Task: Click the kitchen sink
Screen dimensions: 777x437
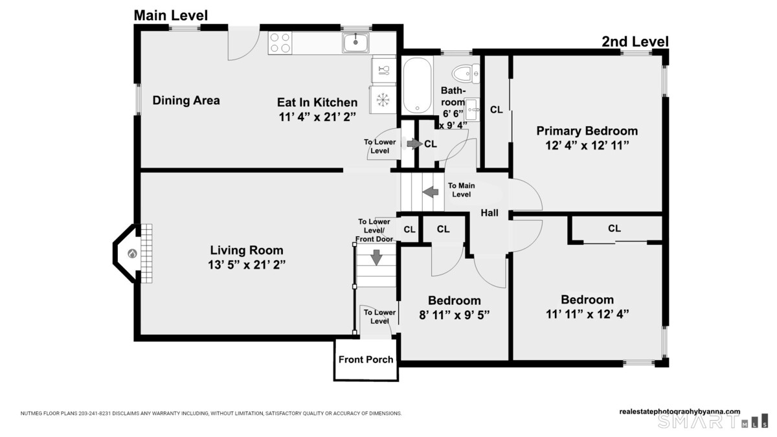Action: coord(355,43)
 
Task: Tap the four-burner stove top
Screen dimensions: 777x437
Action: coord(280,43)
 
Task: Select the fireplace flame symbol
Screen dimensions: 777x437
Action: coord(132,254)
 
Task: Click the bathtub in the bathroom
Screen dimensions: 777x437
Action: coord(417,85)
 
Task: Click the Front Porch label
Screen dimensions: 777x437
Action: coord(366,360)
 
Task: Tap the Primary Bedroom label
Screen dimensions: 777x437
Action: coord(587,131)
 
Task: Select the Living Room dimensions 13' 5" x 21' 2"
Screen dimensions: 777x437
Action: coord(247,265)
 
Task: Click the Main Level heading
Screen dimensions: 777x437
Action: coord(171,16)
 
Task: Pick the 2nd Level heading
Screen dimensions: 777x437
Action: coord(635,41)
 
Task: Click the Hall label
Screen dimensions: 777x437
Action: coord(490,212)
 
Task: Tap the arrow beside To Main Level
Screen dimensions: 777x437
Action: coord(431,192)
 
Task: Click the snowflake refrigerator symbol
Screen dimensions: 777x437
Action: coord(383,100)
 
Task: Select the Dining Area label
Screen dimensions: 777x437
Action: coord(186,100)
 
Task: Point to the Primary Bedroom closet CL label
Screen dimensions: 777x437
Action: coord(497,109)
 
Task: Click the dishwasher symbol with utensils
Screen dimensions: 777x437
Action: coord(383,71)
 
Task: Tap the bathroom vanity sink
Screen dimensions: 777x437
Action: coord(472,109)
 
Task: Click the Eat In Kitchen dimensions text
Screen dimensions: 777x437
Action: coord(317,117)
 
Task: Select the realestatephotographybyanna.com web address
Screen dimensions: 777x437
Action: coord(679,412)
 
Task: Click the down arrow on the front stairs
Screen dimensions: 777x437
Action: coord(376,258)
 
